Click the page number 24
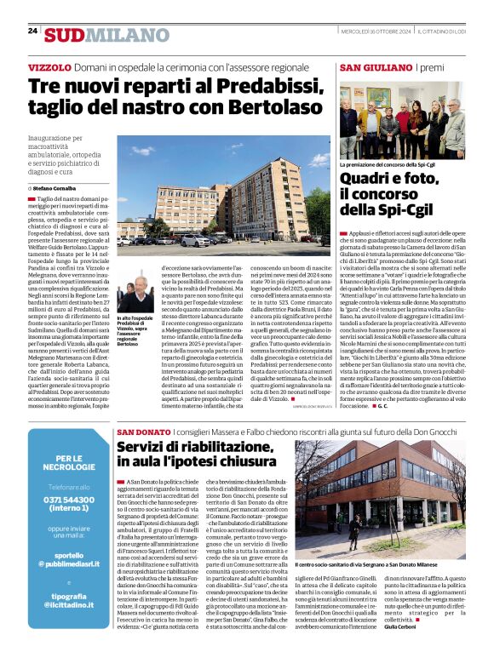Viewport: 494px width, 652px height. coord(32,31)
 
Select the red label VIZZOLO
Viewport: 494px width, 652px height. coord(49,66)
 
